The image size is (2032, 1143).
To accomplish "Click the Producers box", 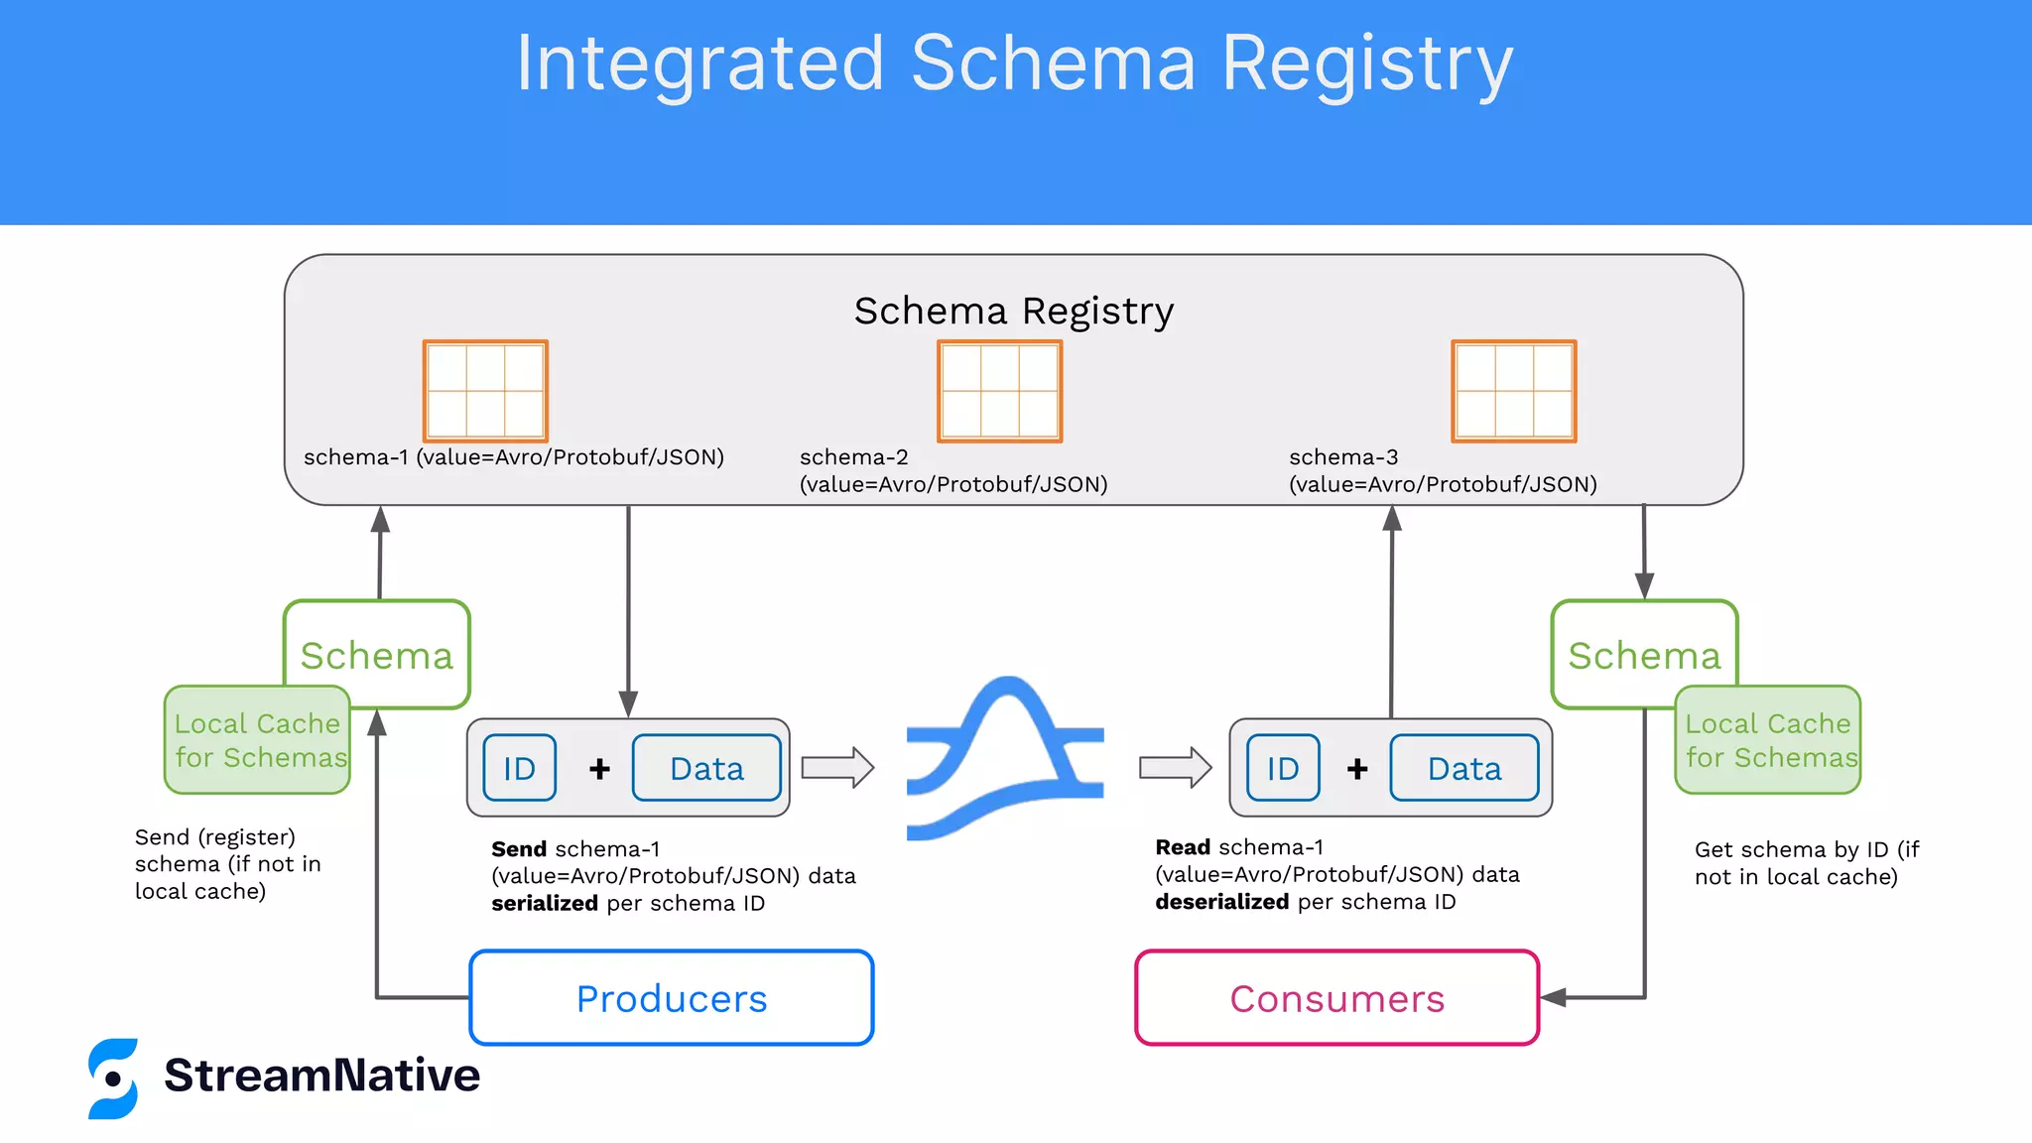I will [x=671, y=997].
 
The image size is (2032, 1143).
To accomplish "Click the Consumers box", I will [x=1336, y=997].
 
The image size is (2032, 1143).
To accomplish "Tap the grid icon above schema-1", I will [x=485, y=391].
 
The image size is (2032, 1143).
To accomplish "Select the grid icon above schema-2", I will [x=999, y=391].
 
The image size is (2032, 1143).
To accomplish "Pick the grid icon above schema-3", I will [x=1513, y=391].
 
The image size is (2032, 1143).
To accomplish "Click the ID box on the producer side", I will [x=519, y=768].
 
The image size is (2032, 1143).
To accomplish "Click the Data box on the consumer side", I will [x=1463, y=768].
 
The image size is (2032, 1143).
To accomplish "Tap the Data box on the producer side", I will [x=706, y=768].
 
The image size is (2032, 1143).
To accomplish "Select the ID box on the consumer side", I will [x=1282, y=768].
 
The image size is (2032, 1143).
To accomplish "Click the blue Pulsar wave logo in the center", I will [x=1004, y=759].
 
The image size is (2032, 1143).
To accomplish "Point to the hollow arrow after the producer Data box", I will [x=837, y=767].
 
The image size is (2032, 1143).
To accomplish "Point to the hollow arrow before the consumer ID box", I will [x=1175, y=767].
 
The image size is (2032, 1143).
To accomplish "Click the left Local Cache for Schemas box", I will [x=256, y=740].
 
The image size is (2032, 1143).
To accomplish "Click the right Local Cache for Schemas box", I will [x=1768, y=740].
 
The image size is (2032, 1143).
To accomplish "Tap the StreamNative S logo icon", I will [x=113, y=1079].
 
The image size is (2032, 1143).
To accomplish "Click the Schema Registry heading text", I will [x=1013, y=311].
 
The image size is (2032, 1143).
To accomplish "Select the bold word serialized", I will [x=544, y=903].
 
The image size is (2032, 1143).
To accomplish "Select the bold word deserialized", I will [x=1221, y=902].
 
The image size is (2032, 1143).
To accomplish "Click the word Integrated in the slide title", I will [x=698, y=63].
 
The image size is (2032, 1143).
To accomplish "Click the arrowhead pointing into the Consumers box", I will [x=1553, y=997].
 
